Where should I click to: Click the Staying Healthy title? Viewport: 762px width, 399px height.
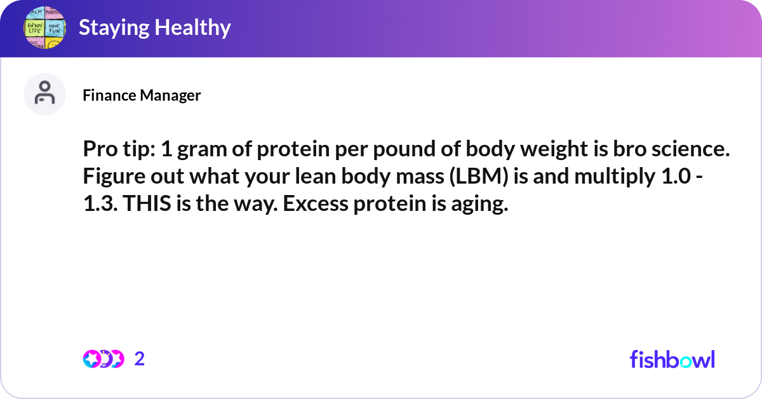pos(155,27)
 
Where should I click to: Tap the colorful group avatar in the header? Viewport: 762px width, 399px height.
pos(44,27)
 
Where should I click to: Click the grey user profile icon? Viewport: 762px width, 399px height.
pos(44,94)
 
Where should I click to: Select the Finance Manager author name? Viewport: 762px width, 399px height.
pos(142,95)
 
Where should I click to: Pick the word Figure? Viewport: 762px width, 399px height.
pos(114,177)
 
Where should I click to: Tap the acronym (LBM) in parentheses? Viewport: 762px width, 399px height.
pos(479,177)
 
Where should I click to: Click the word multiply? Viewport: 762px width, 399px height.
pos(615,177)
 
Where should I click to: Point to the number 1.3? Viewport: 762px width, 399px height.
pos(100,203)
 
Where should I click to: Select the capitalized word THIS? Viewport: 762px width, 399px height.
pos(147,203)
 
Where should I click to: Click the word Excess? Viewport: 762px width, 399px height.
pos(316,203)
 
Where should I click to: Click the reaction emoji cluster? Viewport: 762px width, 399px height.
pos(104,359)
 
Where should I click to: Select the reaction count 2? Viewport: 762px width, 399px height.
pos(140,359)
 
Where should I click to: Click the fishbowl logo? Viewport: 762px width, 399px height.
pos(672,359)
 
